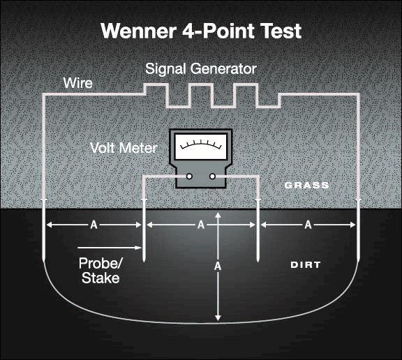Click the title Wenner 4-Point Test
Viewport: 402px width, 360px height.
[x=200, y=31]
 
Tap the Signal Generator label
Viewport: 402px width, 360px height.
[x=200, y=70]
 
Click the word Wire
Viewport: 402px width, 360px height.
[x=79, y=84]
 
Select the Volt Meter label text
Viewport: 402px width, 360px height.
[x=123, y=148]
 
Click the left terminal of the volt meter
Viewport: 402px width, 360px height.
[x=188, y=177]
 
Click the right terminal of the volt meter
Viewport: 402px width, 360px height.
[x=213, y=177]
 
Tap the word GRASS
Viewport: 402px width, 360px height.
[x=306, y=186]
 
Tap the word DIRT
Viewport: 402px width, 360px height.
[x=306, y=266]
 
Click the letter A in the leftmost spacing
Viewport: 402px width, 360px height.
[x=93, y=225]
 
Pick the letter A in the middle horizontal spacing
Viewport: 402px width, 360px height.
[x=200, y=225]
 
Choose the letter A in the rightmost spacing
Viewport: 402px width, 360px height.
[x=308, y=225]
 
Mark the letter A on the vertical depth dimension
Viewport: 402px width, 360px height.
[x=218, y=267]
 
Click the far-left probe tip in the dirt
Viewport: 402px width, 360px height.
[x=43, y=260]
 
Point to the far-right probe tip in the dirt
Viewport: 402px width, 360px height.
[x=357, y=260]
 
